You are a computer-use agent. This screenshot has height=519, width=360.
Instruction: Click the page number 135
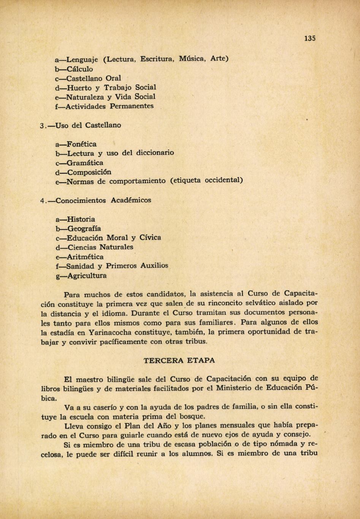click(x=310, y=38)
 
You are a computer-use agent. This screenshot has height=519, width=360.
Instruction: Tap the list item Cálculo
click(x=79, y=69)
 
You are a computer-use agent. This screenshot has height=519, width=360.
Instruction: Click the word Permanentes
click(x=132, y=106)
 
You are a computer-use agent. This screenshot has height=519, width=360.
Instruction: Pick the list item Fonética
click(x=81, y=144)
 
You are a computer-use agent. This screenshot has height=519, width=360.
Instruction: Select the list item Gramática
click(x=84, y=163)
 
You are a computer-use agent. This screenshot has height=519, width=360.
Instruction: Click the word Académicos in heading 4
click(x=131, y=200)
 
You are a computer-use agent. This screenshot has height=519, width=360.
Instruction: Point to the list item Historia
click(x=81, y=219)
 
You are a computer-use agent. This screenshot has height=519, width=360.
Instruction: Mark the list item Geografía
click(x=84, y=229)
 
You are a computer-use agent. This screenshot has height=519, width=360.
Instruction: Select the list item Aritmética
click(x=85, y=257)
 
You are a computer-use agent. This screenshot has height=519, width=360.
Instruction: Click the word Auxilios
click(x=154, y=266)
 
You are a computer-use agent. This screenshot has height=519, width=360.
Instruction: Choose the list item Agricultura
click(x=87, y=276)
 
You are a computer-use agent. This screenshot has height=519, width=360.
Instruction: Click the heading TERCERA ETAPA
click(x=179, y=360)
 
